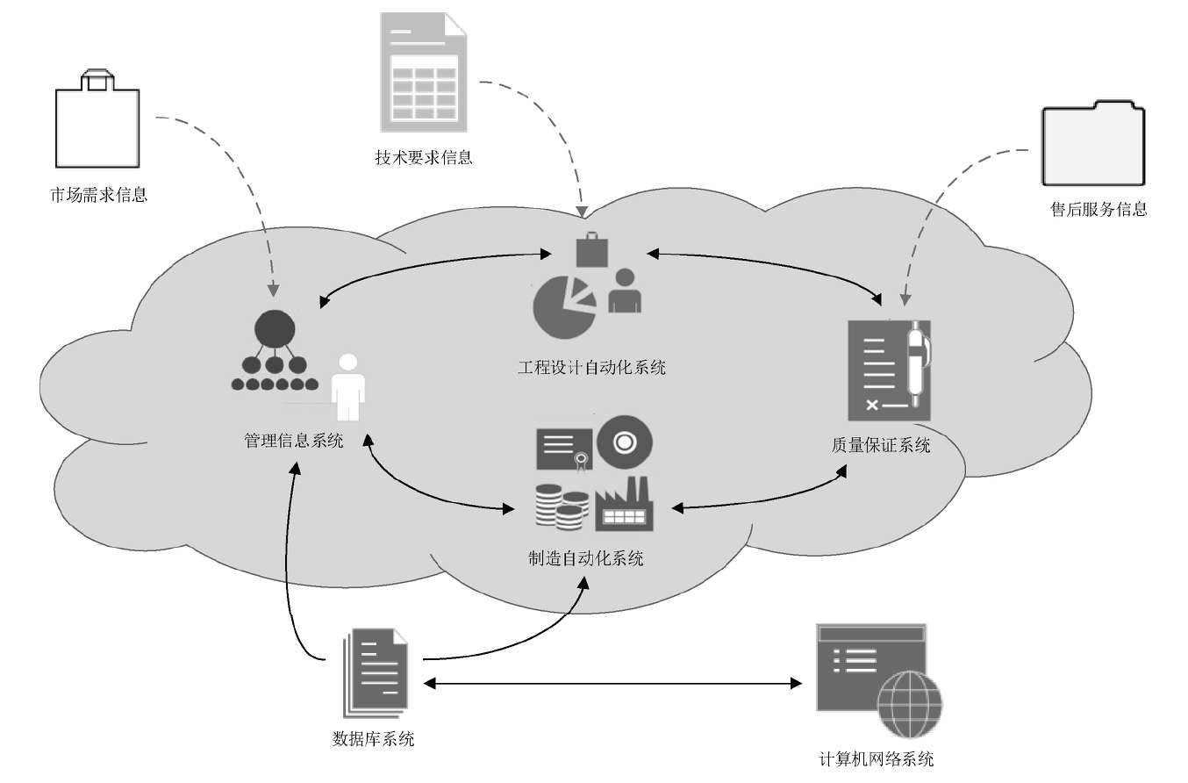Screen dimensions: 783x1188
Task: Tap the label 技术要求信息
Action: pyautogui.click(x=423, y=158)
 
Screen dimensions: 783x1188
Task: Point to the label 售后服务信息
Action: pyautogui.click(x=1099, y=209)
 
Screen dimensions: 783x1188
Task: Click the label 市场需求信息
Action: pyautogui.click(x=98, y=194)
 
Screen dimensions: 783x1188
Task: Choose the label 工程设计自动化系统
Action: pyautogui.click(x=591, y=367)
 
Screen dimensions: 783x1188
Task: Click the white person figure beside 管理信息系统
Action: pyautogui.click(x=348, y=387)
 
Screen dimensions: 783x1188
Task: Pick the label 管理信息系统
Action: pyautogui.click(x=293, y=441)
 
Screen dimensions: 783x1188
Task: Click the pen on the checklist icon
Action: pyautogui.click(x=918, y=364)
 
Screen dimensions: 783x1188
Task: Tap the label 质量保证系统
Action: pyautogui.click(x=880, y=445)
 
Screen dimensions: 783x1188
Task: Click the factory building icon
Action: pyautogui.click(x=624, y=506)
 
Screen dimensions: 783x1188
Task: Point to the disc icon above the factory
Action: pyautogui.click(x=625, y=442)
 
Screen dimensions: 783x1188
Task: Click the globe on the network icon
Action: pyautogui.click(x=911, y=704)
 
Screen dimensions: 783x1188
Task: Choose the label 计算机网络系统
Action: pyautogui.click(x=875, y=758)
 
